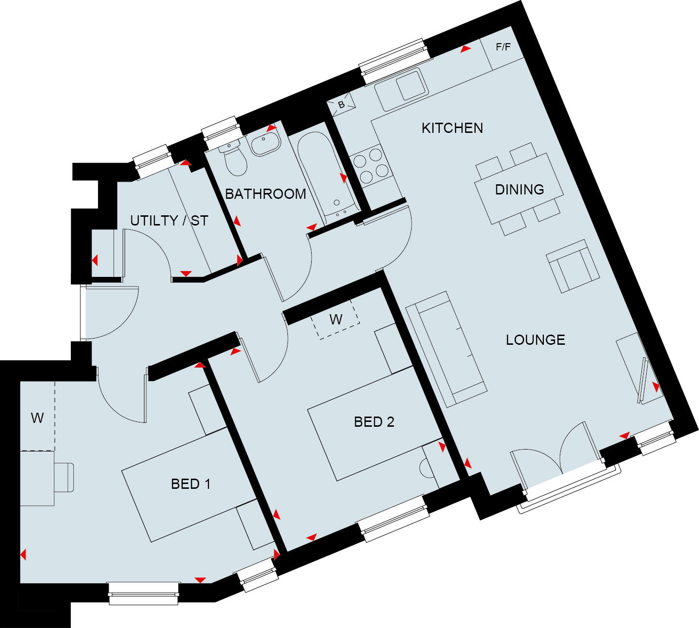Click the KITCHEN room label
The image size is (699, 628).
click(452, 128)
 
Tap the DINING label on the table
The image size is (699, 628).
click(519, 189)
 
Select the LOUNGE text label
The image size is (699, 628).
click(535, 339)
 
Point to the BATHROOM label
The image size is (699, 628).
click(266, 194)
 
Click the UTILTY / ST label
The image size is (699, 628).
click(169, 221)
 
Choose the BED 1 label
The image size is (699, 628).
click(191, 484)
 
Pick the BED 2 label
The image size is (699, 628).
click(374, 422)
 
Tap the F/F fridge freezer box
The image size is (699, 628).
click(503, 48)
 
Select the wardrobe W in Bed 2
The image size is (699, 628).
click(336, 319)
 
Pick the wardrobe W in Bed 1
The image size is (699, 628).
click(37, 418)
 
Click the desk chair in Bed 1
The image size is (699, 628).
click(64, 477)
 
